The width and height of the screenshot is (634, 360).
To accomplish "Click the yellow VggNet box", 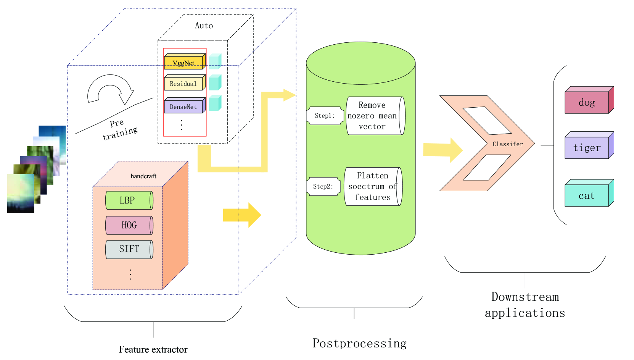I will pyautogui.click(x=184, y=63).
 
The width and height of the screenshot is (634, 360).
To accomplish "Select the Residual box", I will pyautogui.click(x=183, y=84).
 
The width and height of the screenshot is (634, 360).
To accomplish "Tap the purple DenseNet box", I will pyautogui.click(x=183, y=107).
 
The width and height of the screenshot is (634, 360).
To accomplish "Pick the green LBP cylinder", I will pyautogui.click(x=129, y=200).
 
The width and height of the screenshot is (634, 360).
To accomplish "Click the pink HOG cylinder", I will pyautogui.click(x=129, y=225).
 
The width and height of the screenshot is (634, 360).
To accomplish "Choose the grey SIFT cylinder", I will pyautogui.click(x=129, y=249).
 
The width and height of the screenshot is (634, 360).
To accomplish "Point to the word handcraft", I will pyautogui.click(x=143, y=176).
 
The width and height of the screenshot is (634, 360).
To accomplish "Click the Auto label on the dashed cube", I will pyautogui.click(x=204, y=26).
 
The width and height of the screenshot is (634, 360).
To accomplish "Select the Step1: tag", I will pyautogui.click(x=325, y=116).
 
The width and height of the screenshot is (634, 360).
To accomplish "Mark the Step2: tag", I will pyautogui.click(x=323, y=186).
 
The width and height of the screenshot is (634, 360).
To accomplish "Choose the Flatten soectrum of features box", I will pyautogui.click(x=373, y=186).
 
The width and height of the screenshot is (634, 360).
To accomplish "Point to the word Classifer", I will pyautogui.click(x=507, y=144).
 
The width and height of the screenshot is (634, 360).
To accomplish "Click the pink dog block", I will pyautogui.click(x=587, y=102).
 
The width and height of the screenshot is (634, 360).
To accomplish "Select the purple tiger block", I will pyautogui.click(x=587, y=148).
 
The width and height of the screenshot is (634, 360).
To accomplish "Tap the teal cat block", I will pyautogui.click(x=587, y=195).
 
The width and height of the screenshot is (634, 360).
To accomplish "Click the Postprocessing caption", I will pyautogui.click(x=359, y=343).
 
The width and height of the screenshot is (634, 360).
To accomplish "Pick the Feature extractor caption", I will pyautogui.click(x=153, y=349).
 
